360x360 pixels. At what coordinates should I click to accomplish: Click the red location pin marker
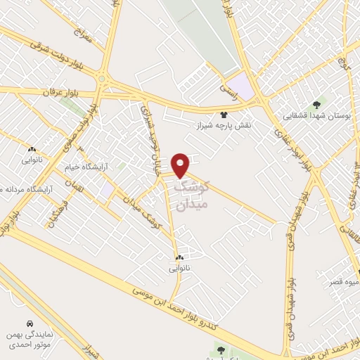(x=181, y=165)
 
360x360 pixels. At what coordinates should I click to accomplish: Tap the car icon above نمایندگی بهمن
(x=30, y=324)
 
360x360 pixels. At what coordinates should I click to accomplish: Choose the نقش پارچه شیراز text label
(x=226, y=124)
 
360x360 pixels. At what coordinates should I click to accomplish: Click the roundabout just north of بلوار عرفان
(x=103, y=77)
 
